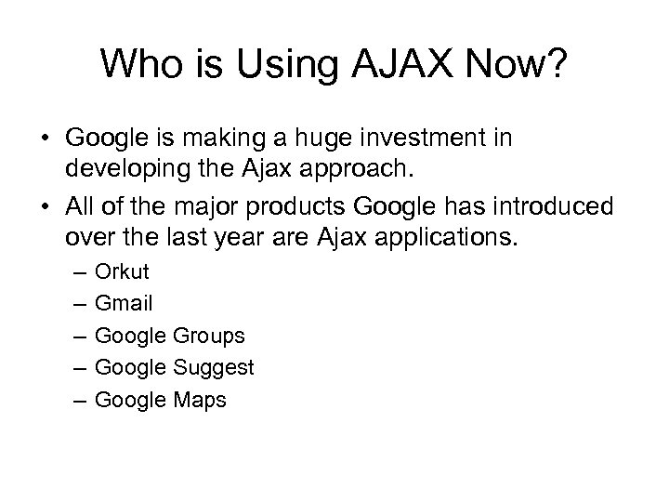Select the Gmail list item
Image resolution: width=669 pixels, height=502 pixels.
124,303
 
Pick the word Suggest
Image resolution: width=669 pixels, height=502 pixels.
213,367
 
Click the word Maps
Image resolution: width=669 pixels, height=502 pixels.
199,400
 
